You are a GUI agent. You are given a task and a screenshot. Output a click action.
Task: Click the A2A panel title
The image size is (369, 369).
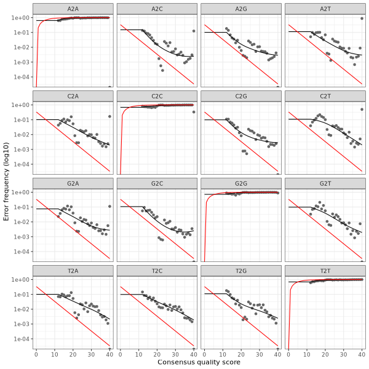[73, 8]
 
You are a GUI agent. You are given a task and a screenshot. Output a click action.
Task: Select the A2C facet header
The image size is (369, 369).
[157, 8]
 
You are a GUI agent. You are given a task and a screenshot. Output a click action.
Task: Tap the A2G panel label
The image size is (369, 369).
[241, 8]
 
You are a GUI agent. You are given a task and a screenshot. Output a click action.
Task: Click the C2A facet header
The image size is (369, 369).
[73, 95]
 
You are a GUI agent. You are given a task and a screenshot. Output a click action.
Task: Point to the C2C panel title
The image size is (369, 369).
[157, 95]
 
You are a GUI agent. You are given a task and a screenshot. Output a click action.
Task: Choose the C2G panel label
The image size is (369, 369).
[241, 95]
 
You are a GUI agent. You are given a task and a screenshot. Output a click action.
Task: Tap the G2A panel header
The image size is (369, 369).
[73, 183]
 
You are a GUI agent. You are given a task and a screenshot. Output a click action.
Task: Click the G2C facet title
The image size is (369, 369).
[157, 183]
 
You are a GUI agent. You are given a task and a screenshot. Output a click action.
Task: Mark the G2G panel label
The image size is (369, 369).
[241, 183]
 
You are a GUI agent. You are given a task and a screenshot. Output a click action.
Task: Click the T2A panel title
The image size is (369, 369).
[73, 270]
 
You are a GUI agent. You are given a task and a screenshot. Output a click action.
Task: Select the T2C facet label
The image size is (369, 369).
[157, 270]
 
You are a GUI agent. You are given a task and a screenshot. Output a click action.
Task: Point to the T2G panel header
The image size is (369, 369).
[241, 270]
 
